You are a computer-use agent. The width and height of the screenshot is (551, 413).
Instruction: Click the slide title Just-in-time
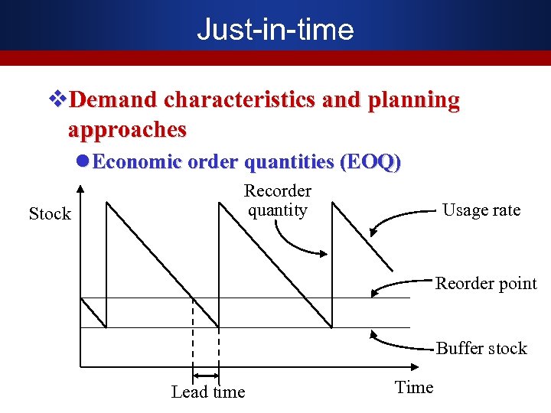point(275,30)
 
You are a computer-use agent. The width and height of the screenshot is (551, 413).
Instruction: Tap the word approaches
point(127,129)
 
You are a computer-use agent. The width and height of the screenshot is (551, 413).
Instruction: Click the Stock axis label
point(50,214)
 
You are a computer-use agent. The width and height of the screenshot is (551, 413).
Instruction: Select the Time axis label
point(414,387)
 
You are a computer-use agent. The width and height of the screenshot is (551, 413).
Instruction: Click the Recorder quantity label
point(278,200)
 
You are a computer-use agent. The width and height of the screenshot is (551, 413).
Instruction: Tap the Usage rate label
point(481,210)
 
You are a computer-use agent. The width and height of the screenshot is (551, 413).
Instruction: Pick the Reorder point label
point(486,284)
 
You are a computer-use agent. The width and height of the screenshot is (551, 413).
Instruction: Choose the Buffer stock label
point(481,349)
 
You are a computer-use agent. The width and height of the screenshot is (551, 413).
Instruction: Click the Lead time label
point(208,392)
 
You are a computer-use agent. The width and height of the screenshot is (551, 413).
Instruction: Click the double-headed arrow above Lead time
point(205,376)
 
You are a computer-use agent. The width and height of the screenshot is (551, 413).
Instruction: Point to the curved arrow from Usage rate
point(402,221)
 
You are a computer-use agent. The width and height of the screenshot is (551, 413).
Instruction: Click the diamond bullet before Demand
point(54,100)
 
